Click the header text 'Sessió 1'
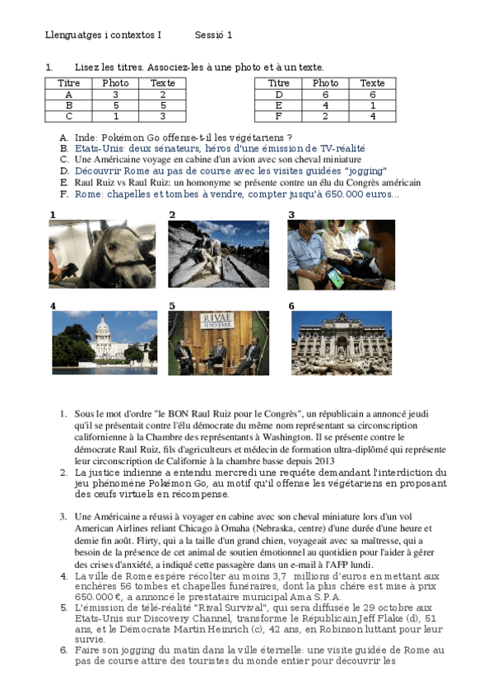click(213, 35)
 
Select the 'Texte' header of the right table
click(372, 83)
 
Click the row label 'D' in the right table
click(279, 94)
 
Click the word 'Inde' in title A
click(85, 137)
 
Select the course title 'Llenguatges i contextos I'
click(103, 35)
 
